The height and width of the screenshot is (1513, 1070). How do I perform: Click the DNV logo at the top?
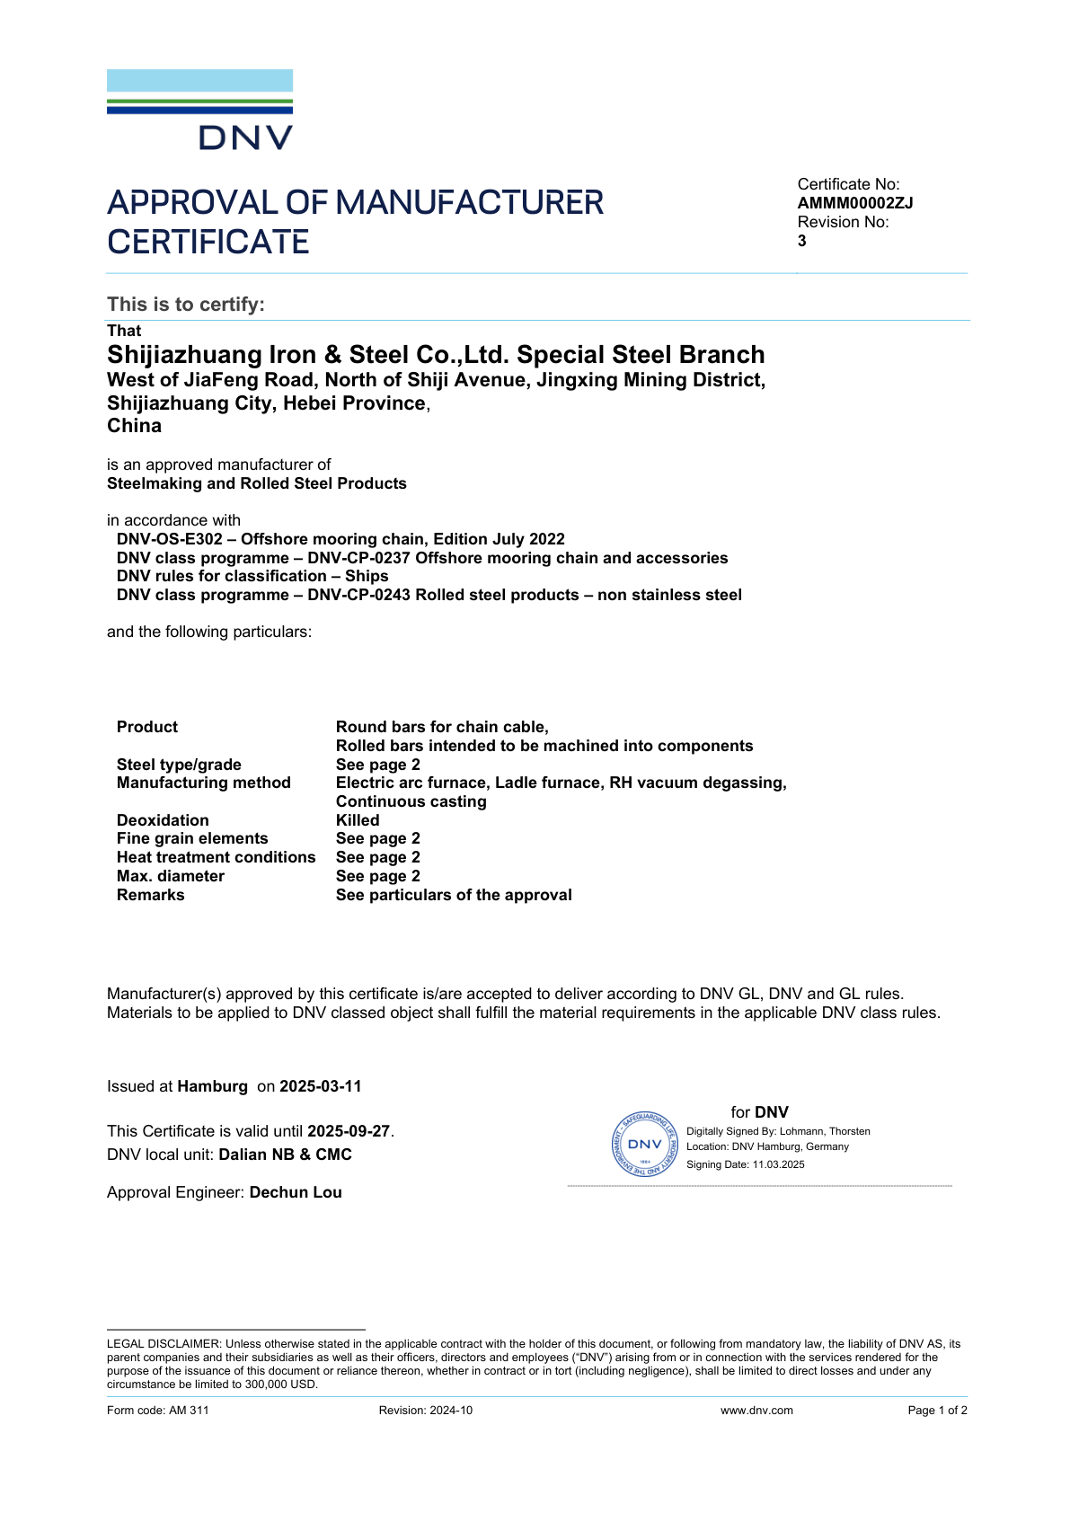click(199, 110)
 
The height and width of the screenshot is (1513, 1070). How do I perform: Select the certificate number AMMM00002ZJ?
click(854, 203)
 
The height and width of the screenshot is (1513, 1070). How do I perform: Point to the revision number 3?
click(802, 241)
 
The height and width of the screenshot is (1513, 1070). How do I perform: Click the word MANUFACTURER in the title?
click(469, 203)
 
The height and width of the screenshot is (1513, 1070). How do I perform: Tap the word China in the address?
click(135, 426)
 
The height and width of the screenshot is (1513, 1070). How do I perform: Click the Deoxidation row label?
click(163, 820)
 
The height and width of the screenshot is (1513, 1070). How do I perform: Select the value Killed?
click(358, 820)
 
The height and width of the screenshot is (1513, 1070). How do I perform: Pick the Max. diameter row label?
click(171, 876)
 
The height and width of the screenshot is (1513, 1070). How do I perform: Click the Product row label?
click(147, 727)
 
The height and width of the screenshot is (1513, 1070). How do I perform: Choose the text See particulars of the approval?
click(454, 895)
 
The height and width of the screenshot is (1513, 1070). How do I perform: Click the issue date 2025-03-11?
click(321, 1086)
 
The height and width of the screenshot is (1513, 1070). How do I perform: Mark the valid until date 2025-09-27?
click(349, 1131)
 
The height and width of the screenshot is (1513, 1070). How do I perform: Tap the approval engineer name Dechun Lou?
click(296, 1192)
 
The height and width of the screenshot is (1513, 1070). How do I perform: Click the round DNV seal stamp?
click(645, 1145)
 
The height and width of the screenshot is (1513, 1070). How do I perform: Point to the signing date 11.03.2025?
click(779, 1164)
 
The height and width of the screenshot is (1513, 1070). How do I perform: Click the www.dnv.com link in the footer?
click(756, 1411)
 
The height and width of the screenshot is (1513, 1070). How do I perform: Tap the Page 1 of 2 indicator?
click(937, 1411)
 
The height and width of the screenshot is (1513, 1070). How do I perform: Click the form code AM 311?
click(189, 1411)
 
